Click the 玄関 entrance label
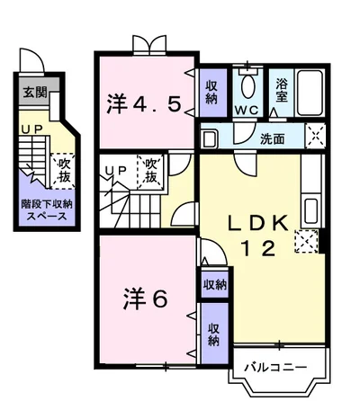[x=36, y=92]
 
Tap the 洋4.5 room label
[x=144, y=103]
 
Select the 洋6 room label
[x=145, y=299]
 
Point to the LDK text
[x=258, y=224]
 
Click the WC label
[x=247, y=111]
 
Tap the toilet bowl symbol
[x=247, y=86]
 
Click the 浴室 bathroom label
[x=282, y=90]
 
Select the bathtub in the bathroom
[x=310, y=93]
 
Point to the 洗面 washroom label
[x=272, y=138]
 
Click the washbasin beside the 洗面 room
[x=208, y=138]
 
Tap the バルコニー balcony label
[x=275, y=367]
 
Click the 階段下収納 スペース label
[x=47, y=209]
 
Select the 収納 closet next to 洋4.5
[x=211, y=93]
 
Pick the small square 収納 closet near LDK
[x=215, y=284]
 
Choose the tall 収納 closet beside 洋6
[x=214, y=334]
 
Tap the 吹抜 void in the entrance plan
[x=63, y=172]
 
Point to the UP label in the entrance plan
[x=31, y=129]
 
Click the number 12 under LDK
[x=258, y=249]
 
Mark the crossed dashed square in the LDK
[x=306, y=241]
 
